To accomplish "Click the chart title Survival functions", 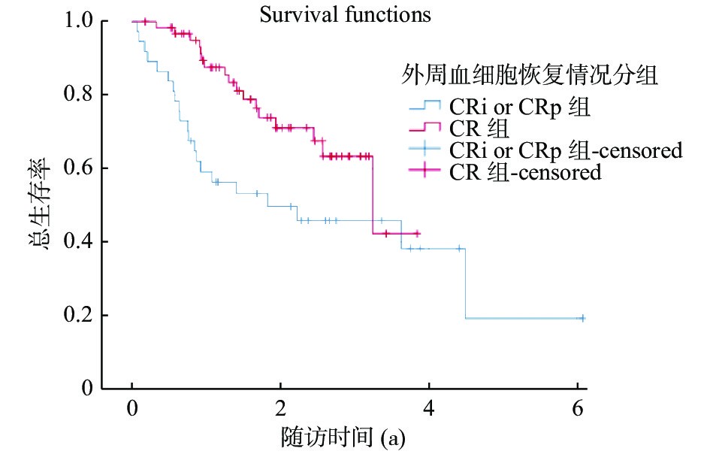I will click(345, 14).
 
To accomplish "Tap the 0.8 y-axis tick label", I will click(76, 95).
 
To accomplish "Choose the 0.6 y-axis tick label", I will click(76, 168).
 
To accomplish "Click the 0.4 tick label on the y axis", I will click(76, 242).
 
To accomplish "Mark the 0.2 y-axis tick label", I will click(76, 316).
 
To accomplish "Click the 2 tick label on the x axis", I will click(281, 410).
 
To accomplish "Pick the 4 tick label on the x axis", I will click(430, 410).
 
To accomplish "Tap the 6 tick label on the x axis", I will click(578, 410).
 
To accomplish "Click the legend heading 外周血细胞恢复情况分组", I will click(530, 74).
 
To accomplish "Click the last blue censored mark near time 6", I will click(581, 318).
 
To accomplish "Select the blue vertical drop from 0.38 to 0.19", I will click(466, 283).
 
